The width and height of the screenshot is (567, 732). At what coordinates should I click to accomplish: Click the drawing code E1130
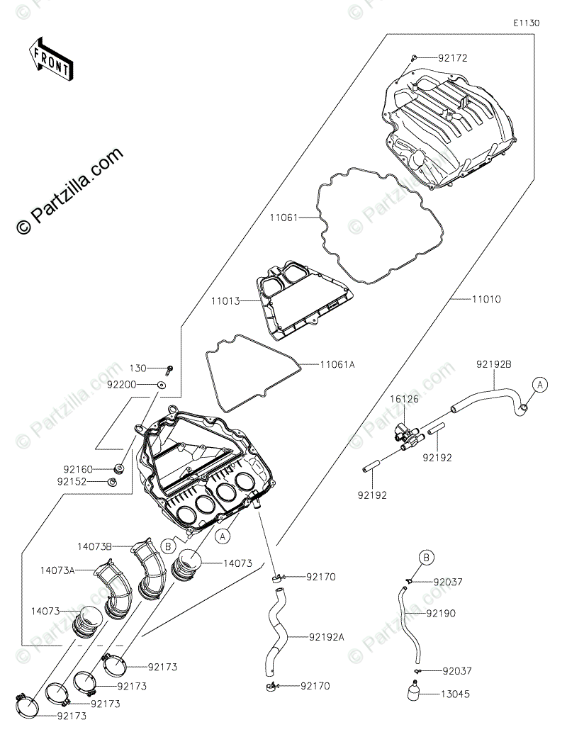[527, 23]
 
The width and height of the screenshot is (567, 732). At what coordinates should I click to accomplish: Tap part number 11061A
[337, 364]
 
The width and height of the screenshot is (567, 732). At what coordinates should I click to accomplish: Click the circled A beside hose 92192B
[540, 385]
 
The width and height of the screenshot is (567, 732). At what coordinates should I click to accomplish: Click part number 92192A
[327, 636]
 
